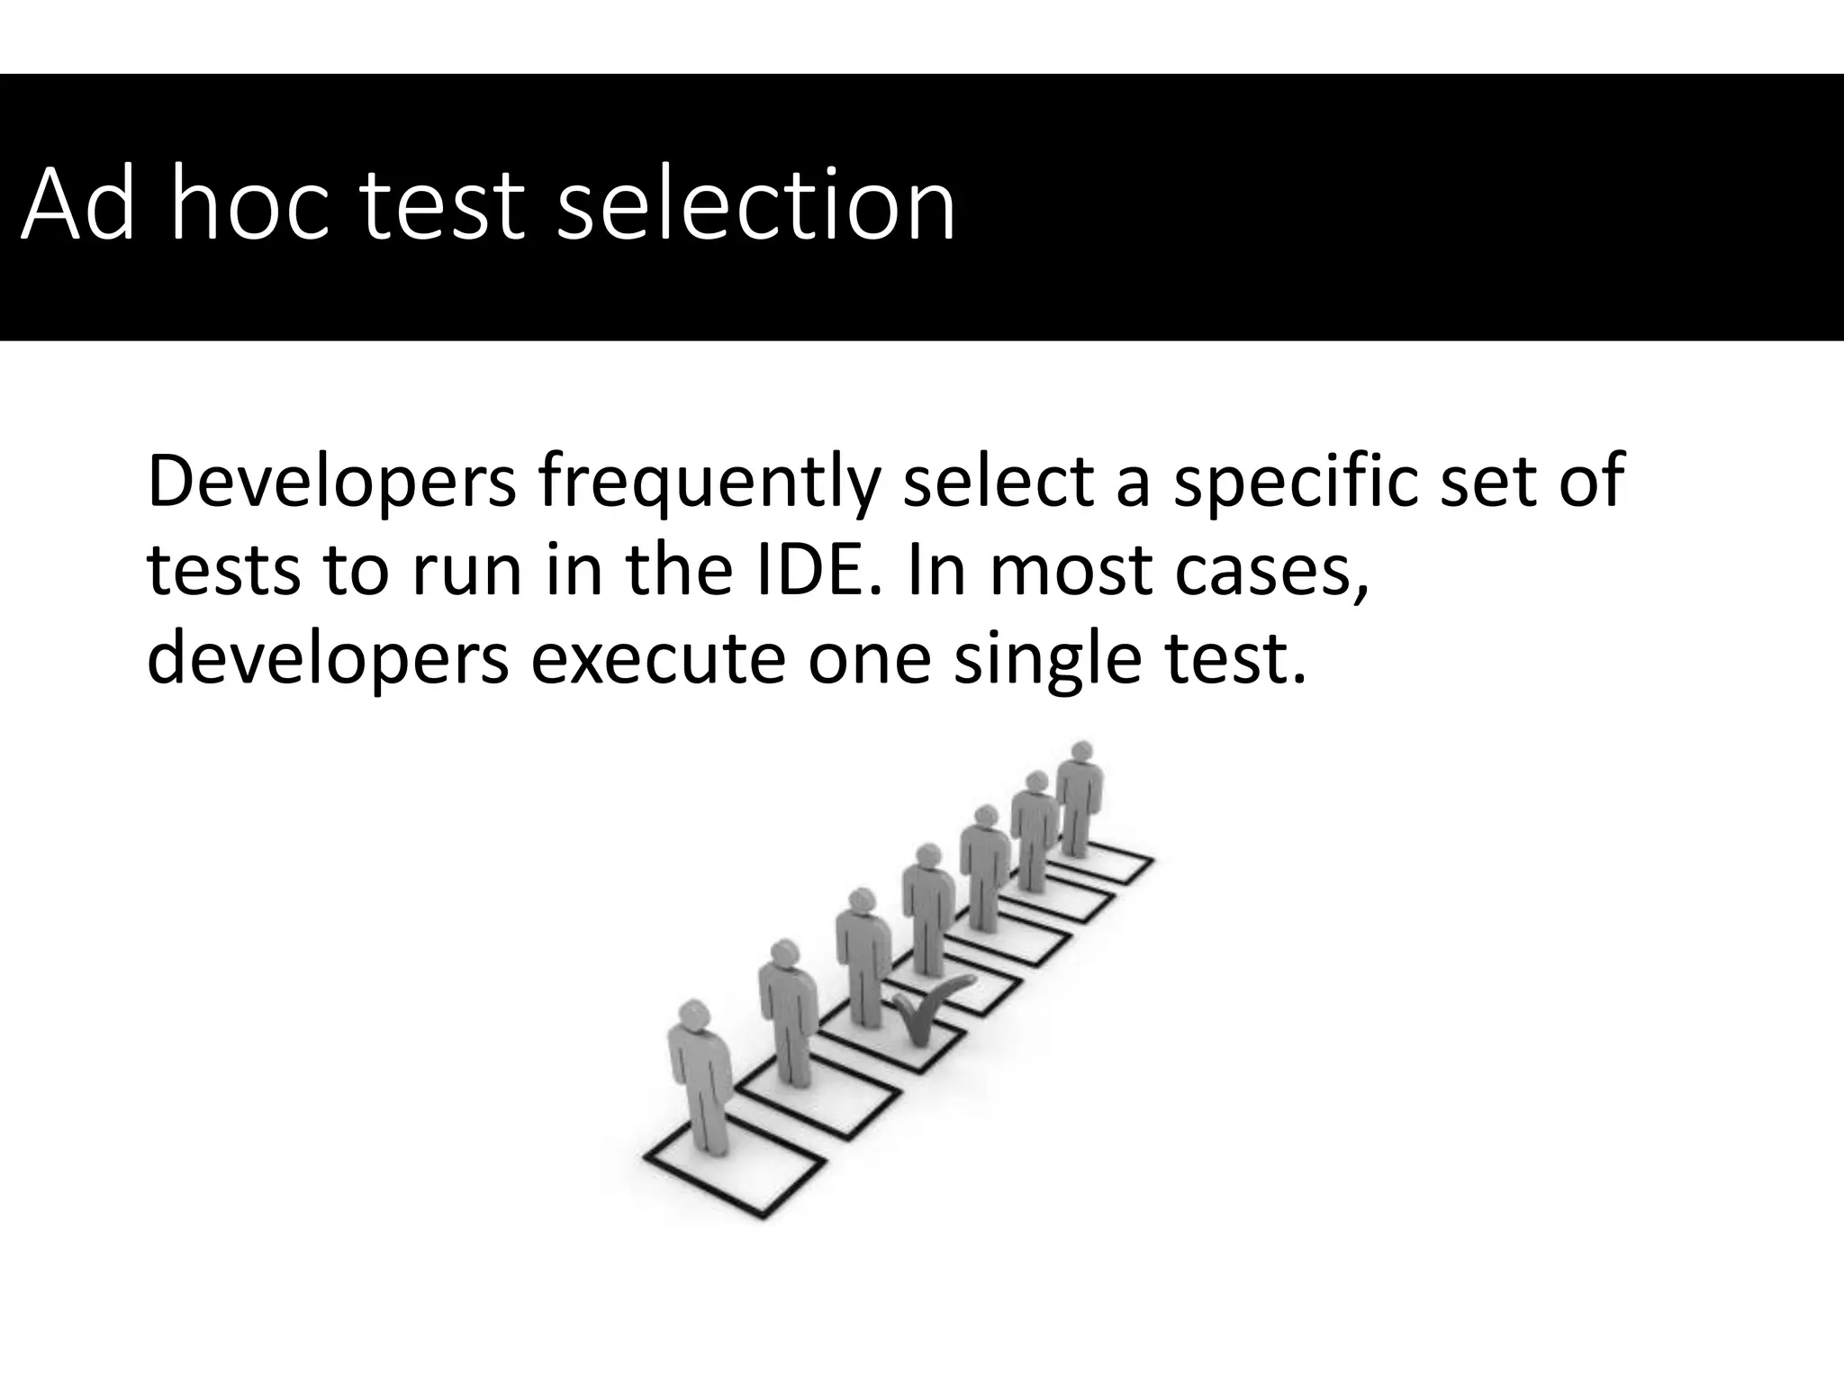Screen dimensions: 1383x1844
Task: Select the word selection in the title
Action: click(x=756, y=205)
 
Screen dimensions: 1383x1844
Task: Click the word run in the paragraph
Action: click(x=467, y=571)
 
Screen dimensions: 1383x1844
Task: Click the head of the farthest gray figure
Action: click(x=1082, y=752)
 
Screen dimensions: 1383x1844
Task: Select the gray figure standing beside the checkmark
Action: click(x=863, y=954)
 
